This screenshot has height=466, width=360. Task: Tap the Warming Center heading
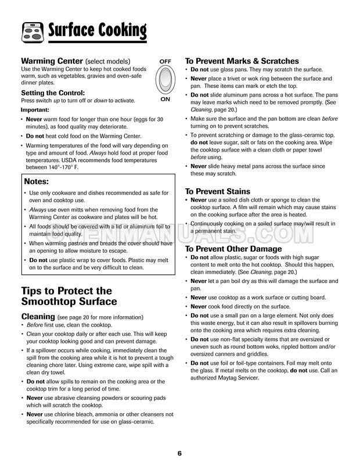coord(52,61)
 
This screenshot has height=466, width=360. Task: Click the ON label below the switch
coord(165,99)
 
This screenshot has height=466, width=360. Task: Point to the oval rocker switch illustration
coord(165,80)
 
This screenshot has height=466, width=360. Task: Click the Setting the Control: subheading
coord(53,92)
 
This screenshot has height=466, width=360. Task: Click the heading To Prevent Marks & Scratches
coord(241,60)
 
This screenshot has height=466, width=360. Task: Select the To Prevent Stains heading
coord(217,191)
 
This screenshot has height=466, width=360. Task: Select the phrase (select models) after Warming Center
coord(108,62)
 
